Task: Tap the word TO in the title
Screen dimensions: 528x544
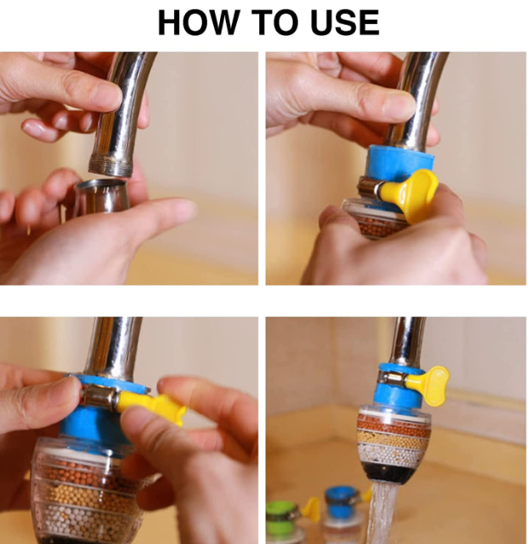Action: (x=275, y=22)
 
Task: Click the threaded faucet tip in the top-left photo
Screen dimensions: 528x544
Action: (x=111, y=165)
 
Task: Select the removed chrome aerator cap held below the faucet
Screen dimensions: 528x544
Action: (x=101, y=196)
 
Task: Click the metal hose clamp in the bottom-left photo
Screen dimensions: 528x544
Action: (x=101, y=396)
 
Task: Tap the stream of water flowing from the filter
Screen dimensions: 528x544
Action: (x=384, y=513)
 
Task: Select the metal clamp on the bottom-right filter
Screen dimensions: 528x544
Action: (x=393, y=376)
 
